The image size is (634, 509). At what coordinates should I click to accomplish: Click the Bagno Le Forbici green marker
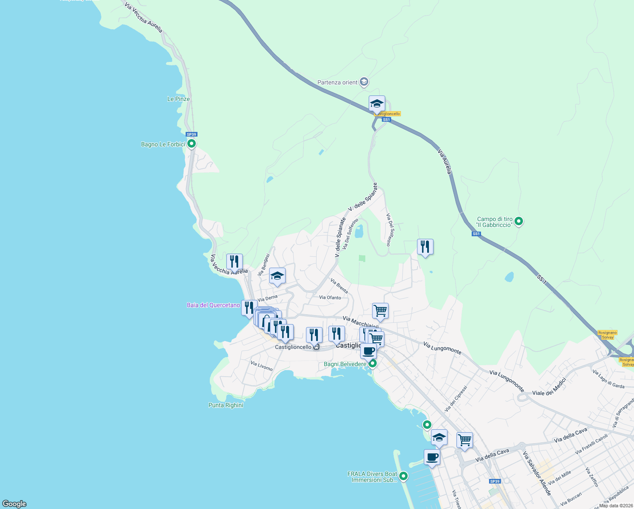pyautogui.click(x=192, y=144)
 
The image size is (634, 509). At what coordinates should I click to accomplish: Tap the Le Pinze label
pyautogui.click(x=178, y=99)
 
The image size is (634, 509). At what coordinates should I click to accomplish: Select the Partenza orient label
pyautogui.click(x=337, y=82)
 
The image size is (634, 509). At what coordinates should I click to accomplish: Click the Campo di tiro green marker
pyautogui.click(x=519, y=221)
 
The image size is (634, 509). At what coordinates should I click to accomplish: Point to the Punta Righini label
pyautogui.click(x=226, y=405)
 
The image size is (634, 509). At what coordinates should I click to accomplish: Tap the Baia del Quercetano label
pyautogui.click(x=213, y=305)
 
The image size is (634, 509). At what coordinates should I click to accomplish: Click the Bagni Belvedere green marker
pyautogui.click(x=373, y=364)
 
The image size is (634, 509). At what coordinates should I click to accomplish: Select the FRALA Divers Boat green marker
pyautogui.click(x=403, y=476)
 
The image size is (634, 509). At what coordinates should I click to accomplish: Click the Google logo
pyautogui.click(x=14, y=503)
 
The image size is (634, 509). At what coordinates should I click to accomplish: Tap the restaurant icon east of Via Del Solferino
pyautogui.click(x=425, y=247)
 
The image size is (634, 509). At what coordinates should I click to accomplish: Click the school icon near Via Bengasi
pyautogui.click(x=277, y=276)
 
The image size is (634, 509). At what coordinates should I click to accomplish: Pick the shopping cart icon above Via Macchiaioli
pyautogui.click(x=380, y=311)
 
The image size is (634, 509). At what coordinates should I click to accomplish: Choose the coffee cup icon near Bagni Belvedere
pyautogui.click(x=369, y=351)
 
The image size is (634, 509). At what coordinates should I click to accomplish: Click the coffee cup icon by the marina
pyautogui.click(x=432, y=457)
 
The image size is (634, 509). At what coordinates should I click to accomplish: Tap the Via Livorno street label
pyautogui.click(x=261, y=366)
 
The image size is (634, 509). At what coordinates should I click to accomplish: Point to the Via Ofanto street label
pyautogui.click(x=330, y=297)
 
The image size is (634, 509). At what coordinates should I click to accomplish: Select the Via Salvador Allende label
pyautogui.click(x=537, y=473)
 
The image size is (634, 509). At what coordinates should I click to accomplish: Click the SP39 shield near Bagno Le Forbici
pyautogui.click(x=192, y=134)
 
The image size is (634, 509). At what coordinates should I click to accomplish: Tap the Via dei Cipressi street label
pyautogui.click(x=456, y=399)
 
